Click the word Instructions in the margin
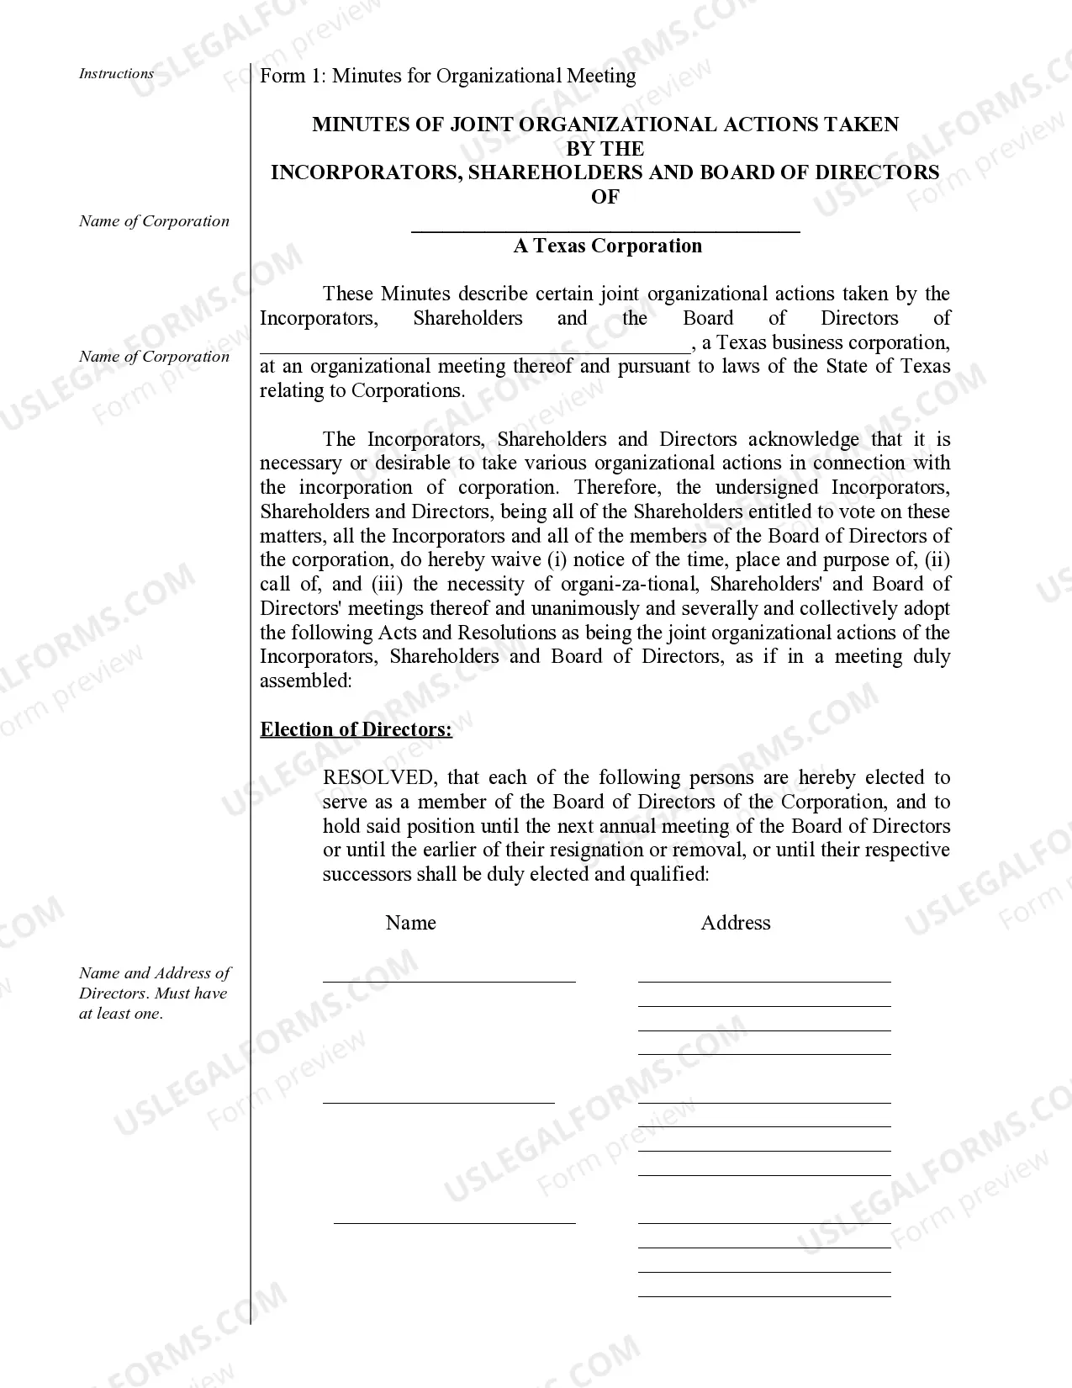click(x=116, y=74)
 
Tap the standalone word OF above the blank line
click(x=605, y=197)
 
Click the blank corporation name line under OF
click(x=605, y=229)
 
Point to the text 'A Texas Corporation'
click(x=607, y=246)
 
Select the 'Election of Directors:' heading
click(x=356, y=729)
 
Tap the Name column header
click(x=410, y=923)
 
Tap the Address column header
click(x=736, y=923)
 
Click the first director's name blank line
click(x=449, y=980)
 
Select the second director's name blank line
click(x=438, y=1101)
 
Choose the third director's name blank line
click(x=454, y=1222)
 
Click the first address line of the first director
click(x=763, y=980)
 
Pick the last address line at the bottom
click(x=763, y=1295)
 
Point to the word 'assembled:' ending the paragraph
click(x=305, y=681)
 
